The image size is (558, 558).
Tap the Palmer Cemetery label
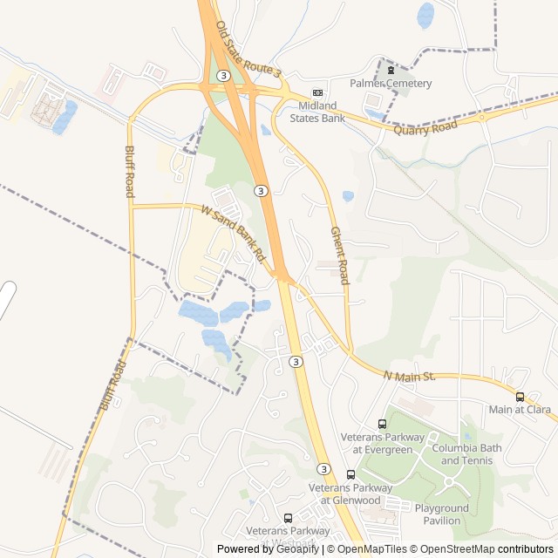(x=391, y=83)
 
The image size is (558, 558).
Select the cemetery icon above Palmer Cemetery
(x=391, y=70)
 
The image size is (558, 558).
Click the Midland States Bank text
(x=317, y=112)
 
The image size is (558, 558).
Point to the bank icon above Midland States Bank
(x=317, y=93)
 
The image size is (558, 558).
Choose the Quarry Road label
(x=425, y=127)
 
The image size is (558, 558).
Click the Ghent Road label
(x=339, y=255)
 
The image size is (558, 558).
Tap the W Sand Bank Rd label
(x=233, y=233)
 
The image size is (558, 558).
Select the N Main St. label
(x=409, y=376)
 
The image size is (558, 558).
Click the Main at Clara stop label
(x=520, y=410)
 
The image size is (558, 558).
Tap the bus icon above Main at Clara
(x=521, y=397)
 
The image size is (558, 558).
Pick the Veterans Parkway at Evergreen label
(x=382, y=443)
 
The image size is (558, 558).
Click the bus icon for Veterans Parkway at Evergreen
(x=382, y=424)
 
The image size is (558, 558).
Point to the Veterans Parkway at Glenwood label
(x=350, y=493)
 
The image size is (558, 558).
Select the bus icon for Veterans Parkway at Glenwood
(x=350, y=474)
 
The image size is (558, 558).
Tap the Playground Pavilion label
(x=441, y=514)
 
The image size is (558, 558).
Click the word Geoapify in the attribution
(x=299, y=549)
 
